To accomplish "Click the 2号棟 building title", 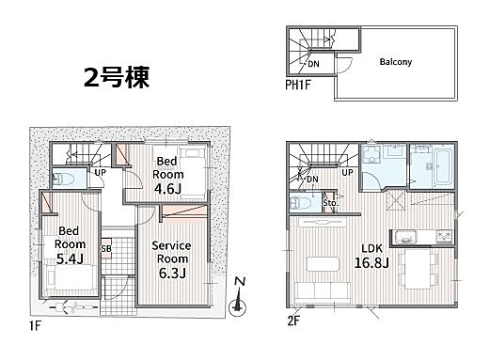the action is click(117, 77).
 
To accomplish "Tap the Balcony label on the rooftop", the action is click(396, 62).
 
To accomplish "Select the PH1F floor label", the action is click(298, 85).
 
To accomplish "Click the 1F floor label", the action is click(35, 326).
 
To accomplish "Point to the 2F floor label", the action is click(293, 321).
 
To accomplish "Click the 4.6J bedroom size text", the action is click(167, 189).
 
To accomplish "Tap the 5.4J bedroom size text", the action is click(70, 258).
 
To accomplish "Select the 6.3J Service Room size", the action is click(172, 273).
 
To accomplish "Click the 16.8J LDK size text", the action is click(371, 262).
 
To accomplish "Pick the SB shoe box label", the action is click(106, 249).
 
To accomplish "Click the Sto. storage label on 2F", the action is click(330, 203).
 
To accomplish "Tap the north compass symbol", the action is click(238, 298).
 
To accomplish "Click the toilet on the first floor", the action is click(64, 180).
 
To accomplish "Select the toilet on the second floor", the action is click(301, 203).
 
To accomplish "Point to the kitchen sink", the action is click(406, 237).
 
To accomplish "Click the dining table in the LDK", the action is click(419, 269).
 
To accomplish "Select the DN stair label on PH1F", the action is click(313, 64).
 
